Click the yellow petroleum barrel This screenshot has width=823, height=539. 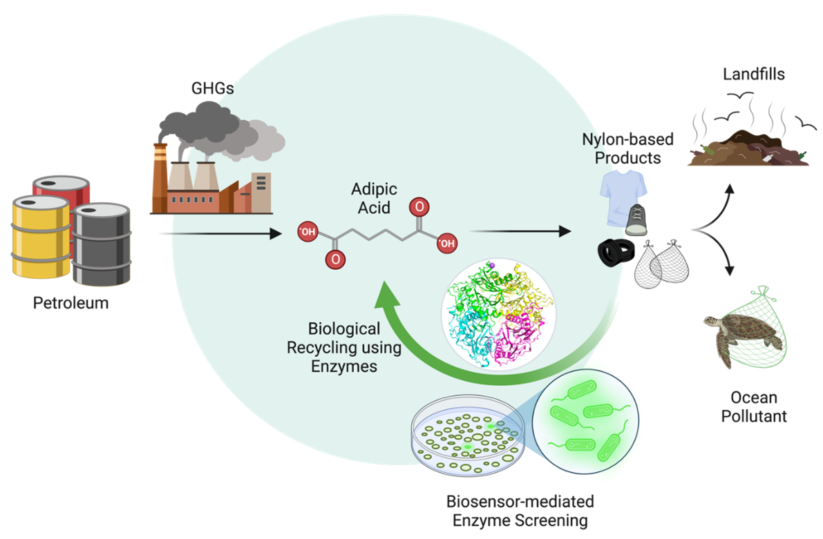(x=41, y=236)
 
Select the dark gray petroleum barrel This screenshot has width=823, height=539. (x=102, y=244)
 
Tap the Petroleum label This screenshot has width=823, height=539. (x=71, y=303)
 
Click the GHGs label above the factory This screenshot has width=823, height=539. (x=213, y=88)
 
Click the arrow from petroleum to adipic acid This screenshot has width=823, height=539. (x=220, y=233)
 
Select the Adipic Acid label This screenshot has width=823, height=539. (x=375, y=198)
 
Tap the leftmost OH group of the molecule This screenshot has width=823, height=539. (x=308, y=232)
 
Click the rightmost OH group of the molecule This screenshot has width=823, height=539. (x=447, y=244)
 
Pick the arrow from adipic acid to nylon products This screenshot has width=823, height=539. (x=520, y=231)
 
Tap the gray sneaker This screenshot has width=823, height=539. (x=636, y=219)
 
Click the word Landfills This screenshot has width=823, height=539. (x=754, y=75)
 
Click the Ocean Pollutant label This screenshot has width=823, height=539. (x=754, y=407)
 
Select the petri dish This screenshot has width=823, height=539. (x=468, y=435)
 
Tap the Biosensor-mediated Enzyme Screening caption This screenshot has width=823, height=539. (x=520, y=511)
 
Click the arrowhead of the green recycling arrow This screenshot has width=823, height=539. (x=388, y=295)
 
